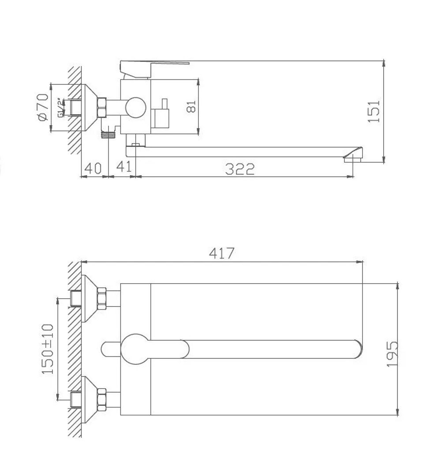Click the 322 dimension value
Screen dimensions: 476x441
pyautogui.click(x=240, y=169)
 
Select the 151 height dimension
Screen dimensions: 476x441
pyautogui.click(x=374, y=111)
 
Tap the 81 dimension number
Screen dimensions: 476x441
pyautogui.click(x=191, y=106)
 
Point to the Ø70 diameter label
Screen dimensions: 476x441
pyautogui.click(x=43, y=107)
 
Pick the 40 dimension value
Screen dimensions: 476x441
pyautogui.click(x=93, y=168)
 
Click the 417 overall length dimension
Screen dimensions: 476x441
pyautogui.click(x=222, y=253)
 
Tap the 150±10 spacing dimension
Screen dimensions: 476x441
pyautogui.click(x=48, y=349)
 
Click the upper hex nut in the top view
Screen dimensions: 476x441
pyautogui.click(x=102, y=298)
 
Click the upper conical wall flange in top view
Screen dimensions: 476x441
pyautogui.click(x=89, y=299)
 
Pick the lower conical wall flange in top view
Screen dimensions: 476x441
pyautogui.click(x=89, y=399)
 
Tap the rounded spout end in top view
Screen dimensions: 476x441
pyautogui.click(x=358, y=349)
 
